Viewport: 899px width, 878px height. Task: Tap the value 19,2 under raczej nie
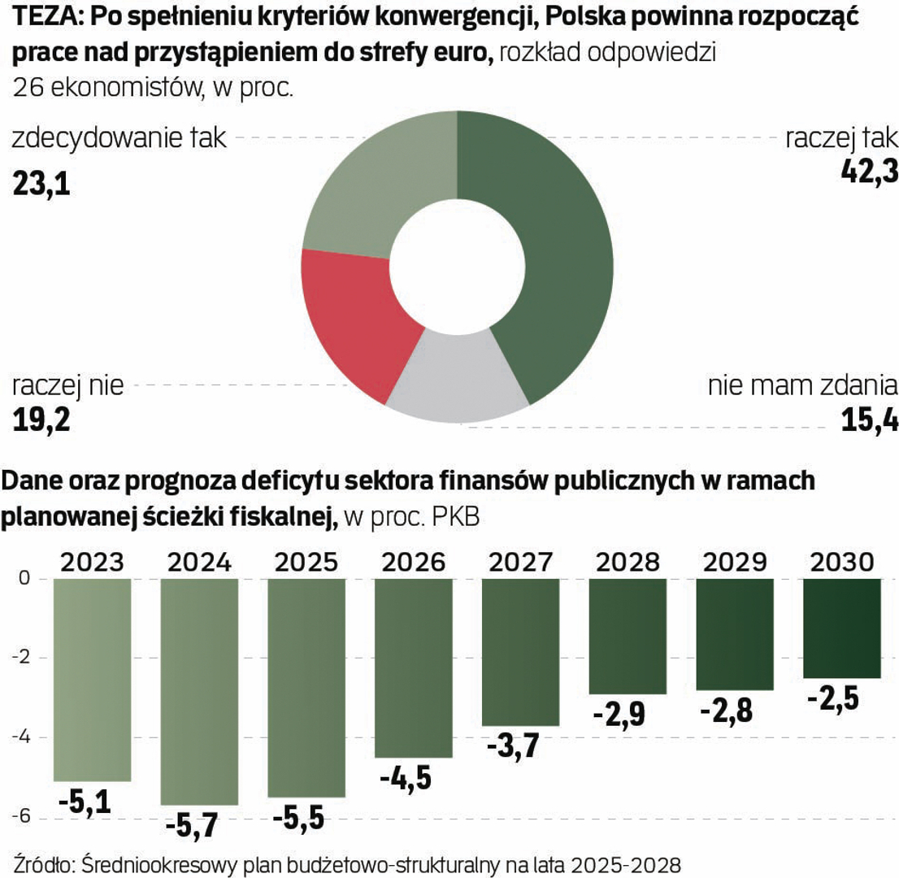(41, 419)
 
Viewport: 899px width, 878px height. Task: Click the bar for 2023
(92, 679)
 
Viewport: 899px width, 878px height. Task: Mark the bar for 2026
(413, 667)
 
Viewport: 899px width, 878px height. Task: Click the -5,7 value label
(192, 827)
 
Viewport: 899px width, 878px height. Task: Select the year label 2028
(628, 562)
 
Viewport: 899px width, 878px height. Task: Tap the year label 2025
(306, 562)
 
